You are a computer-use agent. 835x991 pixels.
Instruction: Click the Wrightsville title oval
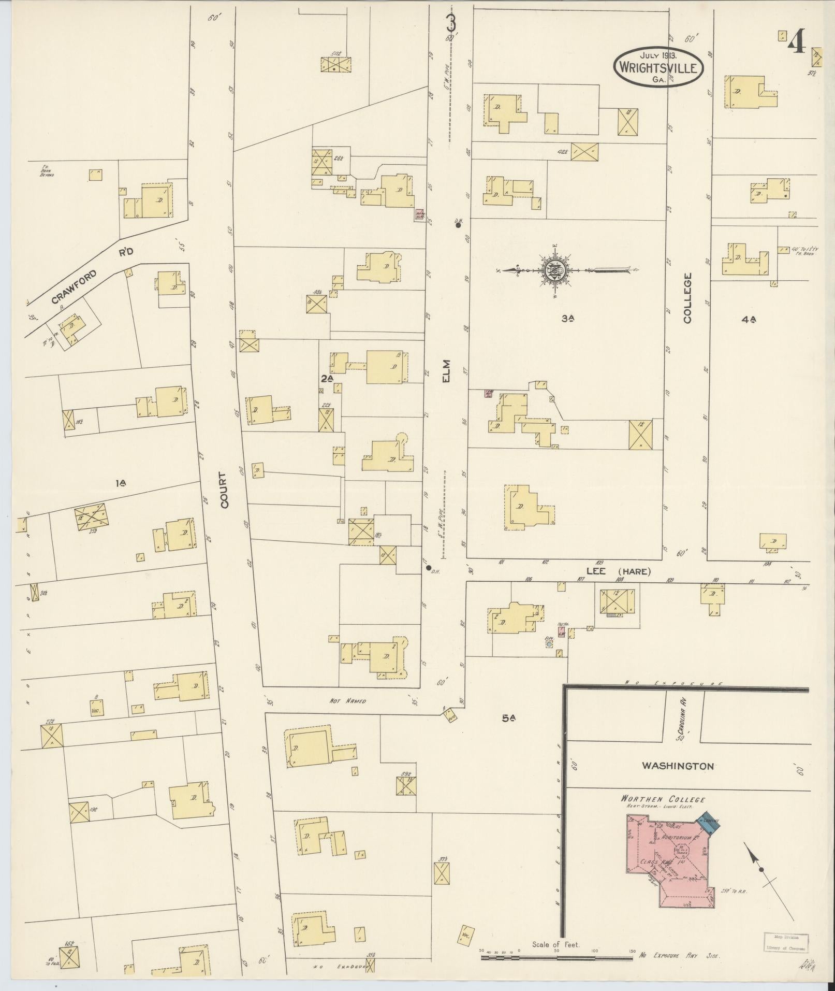(x=658, y=66)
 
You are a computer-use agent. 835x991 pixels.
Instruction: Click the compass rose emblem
(x=553, y=270)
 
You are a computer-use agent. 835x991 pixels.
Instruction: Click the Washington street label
(x=678, y=765)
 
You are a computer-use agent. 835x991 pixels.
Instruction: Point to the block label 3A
(x=568, y=319)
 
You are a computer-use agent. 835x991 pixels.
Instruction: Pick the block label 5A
(x=509, y=718)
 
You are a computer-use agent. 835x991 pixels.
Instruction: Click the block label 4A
(x=749, y=320)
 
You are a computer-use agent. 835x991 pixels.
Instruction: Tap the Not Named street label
(x=348, y=701)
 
